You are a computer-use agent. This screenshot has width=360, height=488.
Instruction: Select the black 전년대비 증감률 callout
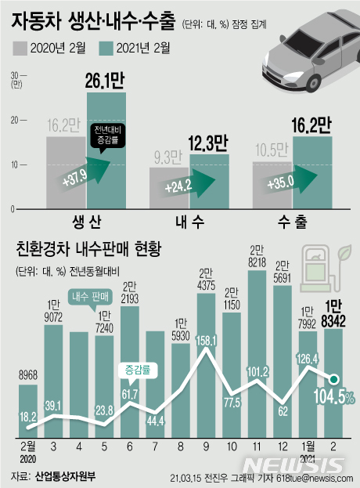pos(107,133)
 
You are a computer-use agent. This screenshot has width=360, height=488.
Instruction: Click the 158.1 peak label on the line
pos(207,342)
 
